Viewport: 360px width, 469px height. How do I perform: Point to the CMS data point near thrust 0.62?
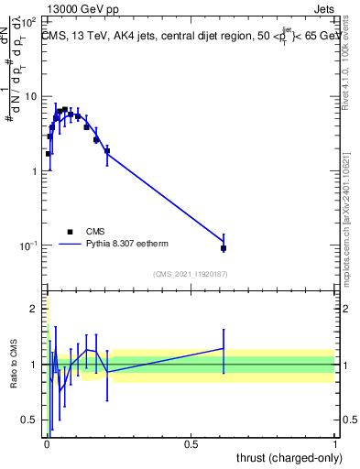[x=224, y=248]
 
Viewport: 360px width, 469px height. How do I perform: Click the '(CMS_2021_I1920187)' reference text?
[x=190, y=273]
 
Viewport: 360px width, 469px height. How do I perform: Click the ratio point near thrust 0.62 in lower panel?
[x=224, y=348]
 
